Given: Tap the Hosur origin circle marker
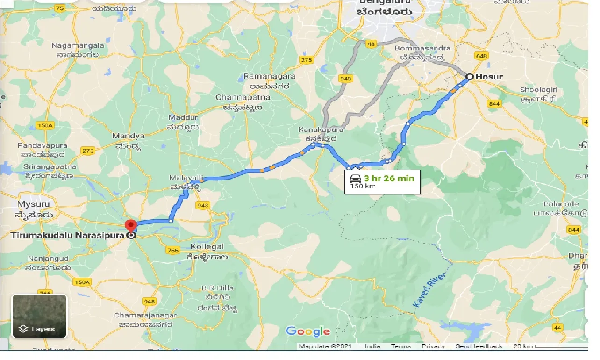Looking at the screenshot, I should tap(470, 77).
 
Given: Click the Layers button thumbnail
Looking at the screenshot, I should tap(40, 316).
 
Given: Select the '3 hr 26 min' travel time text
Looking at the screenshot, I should tap(389, 178).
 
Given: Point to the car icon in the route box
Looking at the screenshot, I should tap(355, 178).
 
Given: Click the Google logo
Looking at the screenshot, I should tap(308, 331).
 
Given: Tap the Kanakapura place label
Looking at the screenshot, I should tap(322, 130).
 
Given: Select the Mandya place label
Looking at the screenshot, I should tap(128, 136).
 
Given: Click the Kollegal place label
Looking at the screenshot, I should tap(207, 246).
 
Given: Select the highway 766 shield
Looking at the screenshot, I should tap(172, 251).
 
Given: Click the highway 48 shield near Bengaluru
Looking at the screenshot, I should tap(371, 44).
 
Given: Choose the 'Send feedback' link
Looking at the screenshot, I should tap(479, 346).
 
